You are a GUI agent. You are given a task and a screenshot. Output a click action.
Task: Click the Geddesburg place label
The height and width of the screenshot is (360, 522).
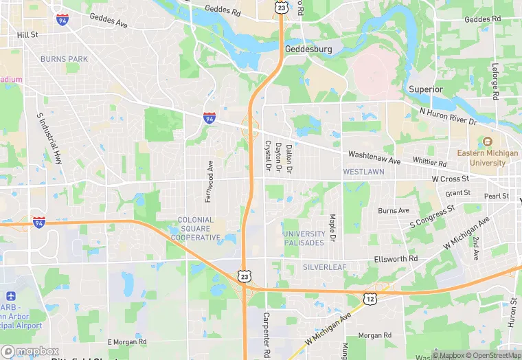(308, 49)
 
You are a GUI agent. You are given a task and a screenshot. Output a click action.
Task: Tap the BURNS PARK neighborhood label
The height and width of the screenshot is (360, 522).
(64, 59)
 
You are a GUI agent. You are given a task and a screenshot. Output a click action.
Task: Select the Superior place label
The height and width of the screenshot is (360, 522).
(426, 89)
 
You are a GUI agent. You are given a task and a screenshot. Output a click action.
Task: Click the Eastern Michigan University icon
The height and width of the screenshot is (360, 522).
(487, 142)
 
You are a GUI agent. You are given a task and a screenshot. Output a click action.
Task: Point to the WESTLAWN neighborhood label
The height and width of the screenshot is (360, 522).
(363, 171)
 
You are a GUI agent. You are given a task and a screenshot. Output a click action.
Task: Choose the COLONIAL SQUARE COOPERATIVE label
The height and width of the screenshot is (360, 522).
(196, 229)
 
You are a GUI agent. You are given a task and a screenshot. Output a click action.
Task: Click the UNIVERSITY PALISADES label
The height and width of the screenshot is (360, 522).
(303, 238)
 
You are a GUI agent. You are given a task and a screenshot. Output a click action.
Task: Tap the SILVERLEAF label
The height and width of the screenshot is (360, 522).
(325, 267)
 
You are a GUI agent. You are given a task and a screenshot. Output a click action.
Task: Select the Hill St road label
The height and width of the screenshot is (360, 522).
(27, 34)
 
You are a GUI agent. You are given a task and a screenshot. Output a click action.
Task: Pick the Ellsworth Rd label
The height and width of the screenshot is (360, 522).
(396, 259)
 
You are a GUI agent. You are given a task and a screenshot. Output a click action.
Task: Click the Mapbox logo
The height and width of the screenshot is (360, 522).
(30, 351)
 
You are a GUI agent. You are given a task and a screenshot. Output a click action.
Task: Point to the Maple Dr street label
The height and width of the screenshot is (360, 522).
(332, 227)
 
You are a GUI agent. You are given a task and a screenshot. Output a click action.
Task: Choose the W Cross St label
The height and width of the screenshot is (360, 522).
(450, 179)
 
